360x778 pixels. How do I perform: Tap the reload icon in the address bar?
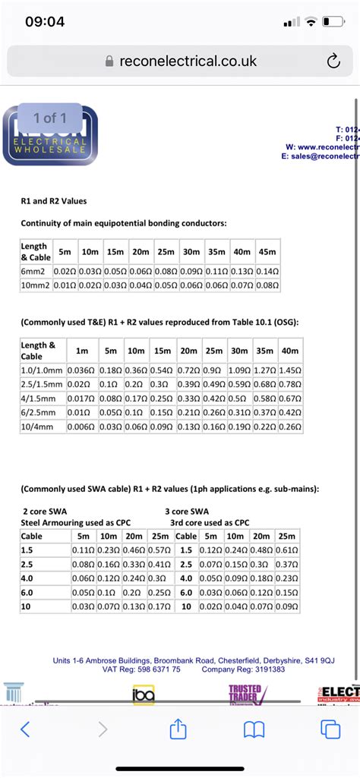tap(333, 61)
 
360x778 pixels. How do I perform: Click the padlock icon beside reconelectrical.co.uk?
tap(109, 61)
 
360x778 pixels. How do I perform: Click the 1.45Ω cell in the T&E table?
tap(290, 370)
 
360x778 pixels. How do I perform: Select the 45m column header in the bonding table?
tap(267, 251)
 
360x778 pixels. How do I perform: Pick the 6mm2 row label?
tap(35, 271)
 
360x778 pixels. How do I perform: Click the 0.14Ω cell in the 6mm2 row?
tap(267, 271)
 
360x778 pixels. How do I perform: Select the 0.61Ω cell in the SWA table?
tap(286, 550)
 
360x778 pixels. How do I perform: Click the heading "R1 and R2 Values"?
tap(54, 201)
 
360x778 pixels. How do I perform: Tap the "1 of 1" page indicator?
tap(50, 118)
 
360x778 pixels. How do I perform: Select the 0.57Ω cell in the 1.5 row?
tap(158, 550)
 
